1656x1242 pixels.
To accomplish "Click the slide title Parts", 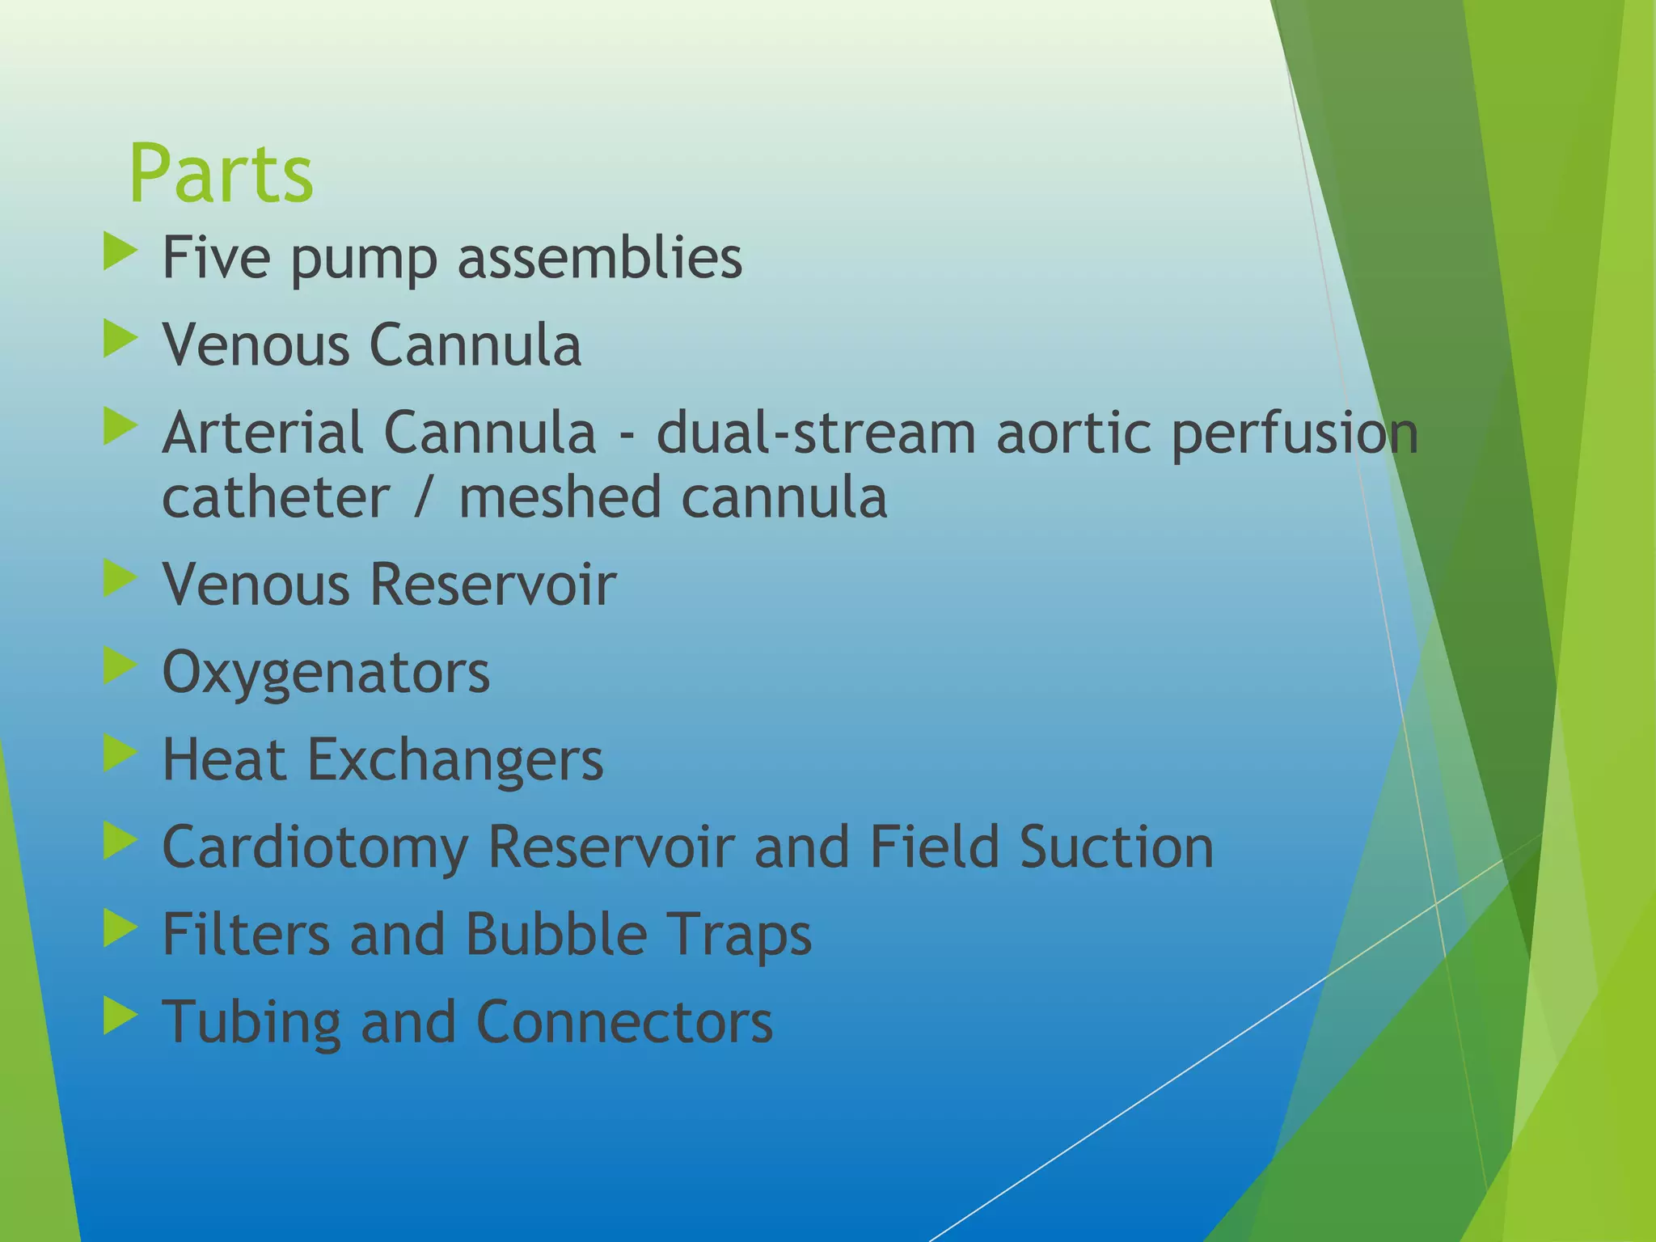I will coord(221,174).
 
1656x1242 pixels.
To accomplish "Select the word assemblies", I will coord(599,257).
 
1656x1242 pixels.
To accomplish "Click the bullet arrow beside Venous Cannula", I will coord(120,340).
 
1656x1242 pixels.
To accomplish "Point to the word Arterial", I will coord(262,433).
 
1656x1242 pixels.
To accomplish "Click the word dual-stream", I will coord(815,433).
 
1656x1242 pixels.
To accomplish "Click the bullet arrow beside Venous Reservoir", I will coord(120,579).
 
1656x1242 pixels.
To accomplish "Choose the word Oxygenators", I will coord(326,673).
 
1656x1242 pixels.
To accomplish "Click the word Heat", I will coord(224,759).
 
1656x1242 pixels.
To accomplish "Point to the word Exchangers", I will coord(454,761).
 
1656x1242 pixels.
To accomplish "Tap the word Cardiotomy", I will coord(315,847).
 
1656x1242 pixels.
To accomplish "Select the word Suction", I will coord(1116,847).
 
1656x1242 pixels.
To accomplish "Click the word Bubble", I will coord(556,934).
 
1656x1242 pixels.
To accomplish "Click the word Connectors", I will coord(624,1021).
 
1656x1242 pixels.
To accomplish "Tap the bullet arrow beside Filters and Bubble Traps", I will coord(120,929).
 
